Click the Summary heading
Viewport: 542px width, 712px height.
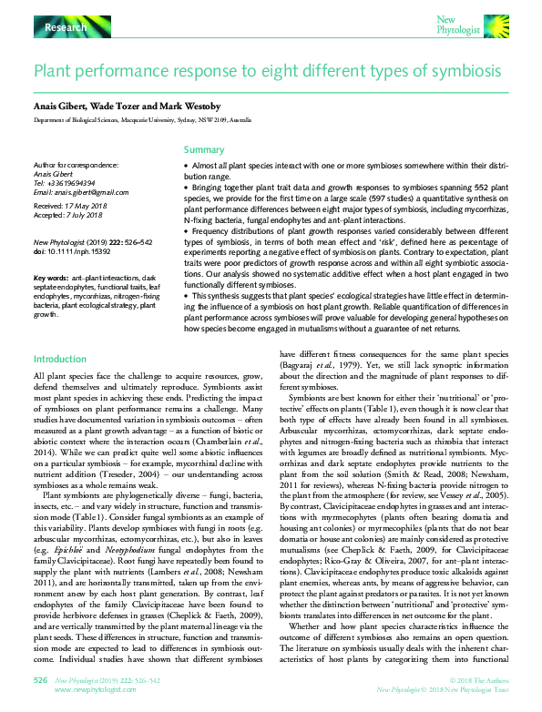click(x=203, y=149)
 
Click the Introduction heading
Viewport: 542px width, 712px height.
click(x=59, y=360)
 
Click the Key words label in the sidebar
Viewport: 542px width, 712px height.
click(x=50, y=277)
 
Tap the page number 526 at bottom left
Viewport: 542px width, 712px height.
click(x=40, y=679)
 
